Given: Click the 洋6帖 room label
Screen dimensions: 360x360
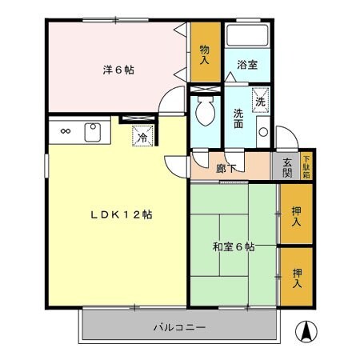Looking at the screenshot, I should tap(118, 70).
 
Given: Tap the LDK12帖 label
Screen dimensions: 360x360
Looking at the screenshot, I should tap(121, 214).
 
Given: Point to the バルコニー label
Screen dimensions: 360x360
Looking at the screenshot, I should tap(180, 327).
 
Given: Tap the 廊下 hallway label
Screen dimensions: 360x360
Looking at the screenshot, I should tap(226, 167).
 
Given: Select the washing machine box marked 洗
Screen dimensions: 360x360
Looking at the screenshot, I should tap(261, 101).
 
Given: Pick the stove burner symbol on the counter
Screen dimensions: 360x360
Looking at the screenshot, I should tap(65, 131).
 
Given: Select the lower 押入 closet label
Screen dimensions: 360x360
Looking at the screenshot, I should tap(295, 277).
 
